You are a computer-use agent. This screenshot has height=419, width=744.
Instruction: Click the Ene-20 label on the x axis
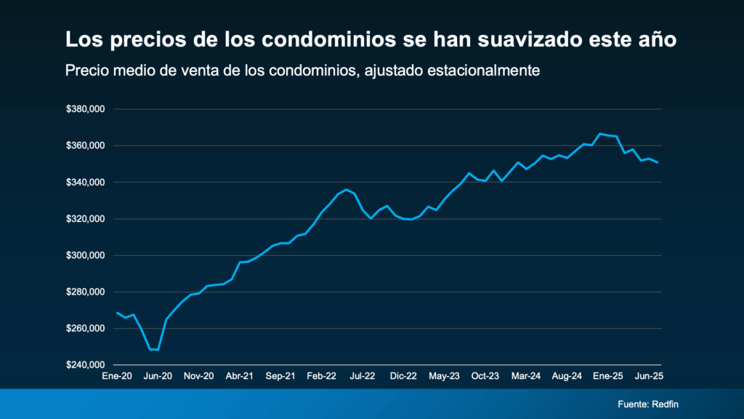(117, 376)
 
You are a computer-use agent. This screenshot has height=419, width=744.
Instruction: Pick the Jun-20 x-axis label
(158, 376)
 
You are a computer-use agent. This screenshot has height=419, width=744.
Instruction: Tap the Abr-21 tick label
(240, 376)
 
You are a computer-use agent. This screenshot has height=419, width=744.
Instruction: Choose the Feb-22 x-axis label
(321, 376)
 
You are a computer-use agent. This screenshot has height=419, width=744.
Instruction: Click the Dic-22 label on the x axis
(403, 376)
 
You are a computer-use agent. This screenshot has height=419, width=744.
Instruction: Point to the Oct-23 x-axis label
(485, 376)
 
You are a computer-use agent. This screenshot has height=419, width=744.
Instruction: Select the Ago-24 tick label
(567, 376)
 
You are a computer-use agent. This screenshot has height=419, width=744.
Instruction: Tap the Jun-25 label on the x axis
(649, 376)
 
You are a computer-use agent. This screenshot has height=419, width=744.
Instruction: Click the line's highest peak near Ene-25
(600, 134)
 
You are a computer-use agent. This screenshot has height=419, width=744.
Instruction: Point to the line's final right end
(658, 162)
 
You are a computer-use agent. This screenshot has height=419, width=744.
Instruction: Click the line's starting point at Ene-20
(117, 313)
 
